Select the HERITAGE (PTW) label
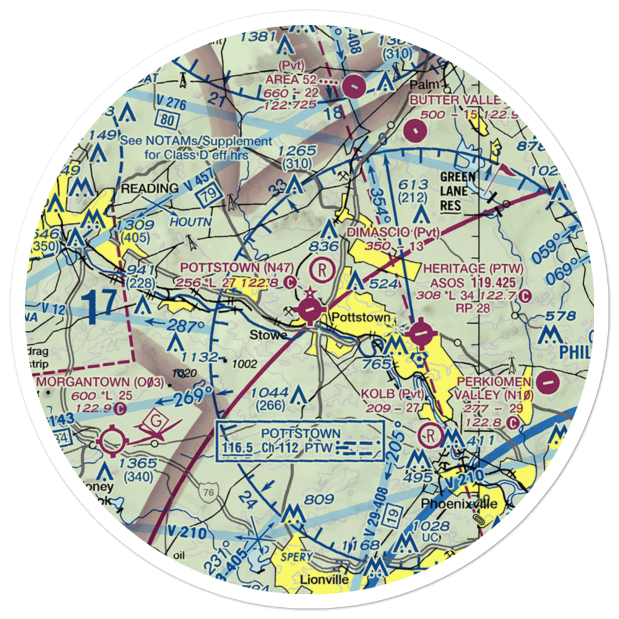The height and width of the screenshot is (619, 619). (474, 268)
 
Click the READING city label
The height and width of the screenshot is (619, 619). (149, 188)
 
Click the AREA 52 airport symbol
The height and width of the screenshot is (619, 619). (353, 87)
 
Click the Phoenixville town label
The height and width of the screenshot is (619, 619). (459, 503)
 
